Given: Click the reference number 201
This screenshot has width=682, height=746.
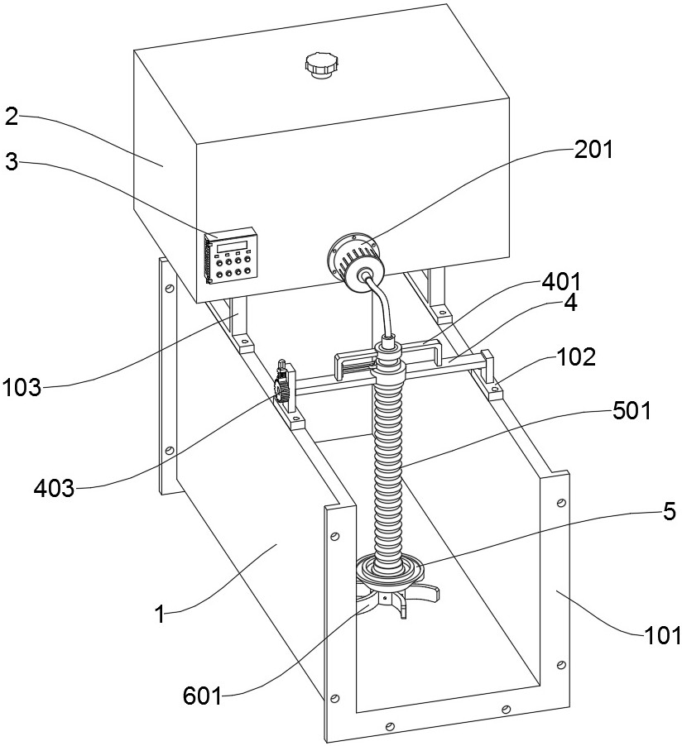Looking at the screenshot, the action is [x=593, y=150].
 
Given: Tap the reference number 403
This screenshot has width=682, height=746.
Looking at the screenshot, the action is [x=54, y=488].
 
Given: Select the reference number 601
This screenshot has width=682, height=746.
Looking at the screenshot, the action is [x=203, y=696].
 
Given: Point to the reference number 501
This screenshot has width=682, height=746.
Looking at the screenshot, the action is [x=632, y=410].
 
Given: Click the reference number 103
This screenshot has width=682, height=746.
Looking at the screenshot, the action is [x=22, y=388].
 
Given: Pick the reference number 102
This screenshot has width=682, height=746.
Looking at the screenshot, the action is [x=576, y=356].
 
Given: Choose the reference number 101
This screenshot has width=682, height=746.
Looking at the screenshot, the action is [x=662, y=635].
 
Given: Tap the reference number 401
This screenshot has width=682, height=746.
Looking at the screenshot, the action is [x=561, y=282].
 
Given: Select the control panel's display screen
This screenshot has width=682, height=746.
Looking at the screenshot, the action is [x=233, y=246].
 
